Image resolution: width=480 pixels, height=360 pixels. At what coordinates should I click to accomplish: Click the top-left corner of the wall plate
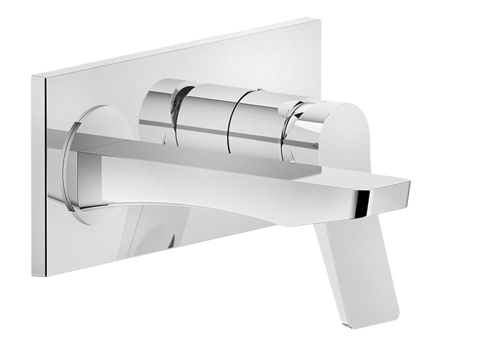pyautogui.click(x=33, y=76)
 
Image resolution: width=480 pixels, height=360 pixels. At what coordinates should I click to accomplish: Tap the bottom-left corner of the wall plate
pyautogui.click(x=33, y=275)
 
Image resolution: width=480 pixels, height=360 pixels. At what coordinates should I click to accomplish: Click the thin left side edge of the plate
pyautogui.click(x=39, y=176)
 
